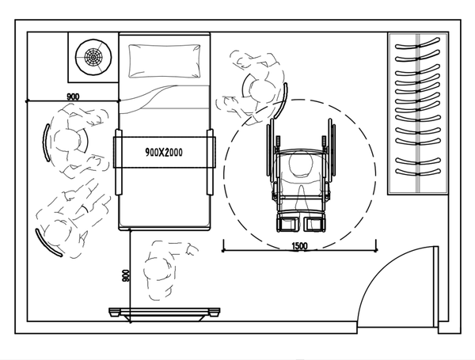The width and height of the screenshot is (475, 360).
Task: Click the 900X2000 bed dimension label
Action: click(164, 151)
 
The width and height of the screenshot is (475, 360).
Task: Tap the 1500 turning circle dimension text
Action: click(299, 246)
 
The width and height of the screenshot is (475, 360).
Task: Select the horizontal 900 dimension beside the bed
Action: click(72, 96)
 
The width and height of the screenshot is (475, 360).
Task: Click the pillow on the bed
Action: click(164, 59)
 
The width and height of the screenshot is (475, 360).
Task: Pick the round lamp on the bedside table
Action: click(92, 56)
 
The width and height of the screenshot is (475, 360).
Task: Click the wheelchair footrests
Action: click(299, 220)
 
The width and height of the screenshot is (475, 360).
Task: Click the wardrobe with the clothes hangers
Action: click(418, 113)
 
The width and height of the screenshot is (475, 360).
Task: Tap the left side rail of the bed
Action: click(119, 162)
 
